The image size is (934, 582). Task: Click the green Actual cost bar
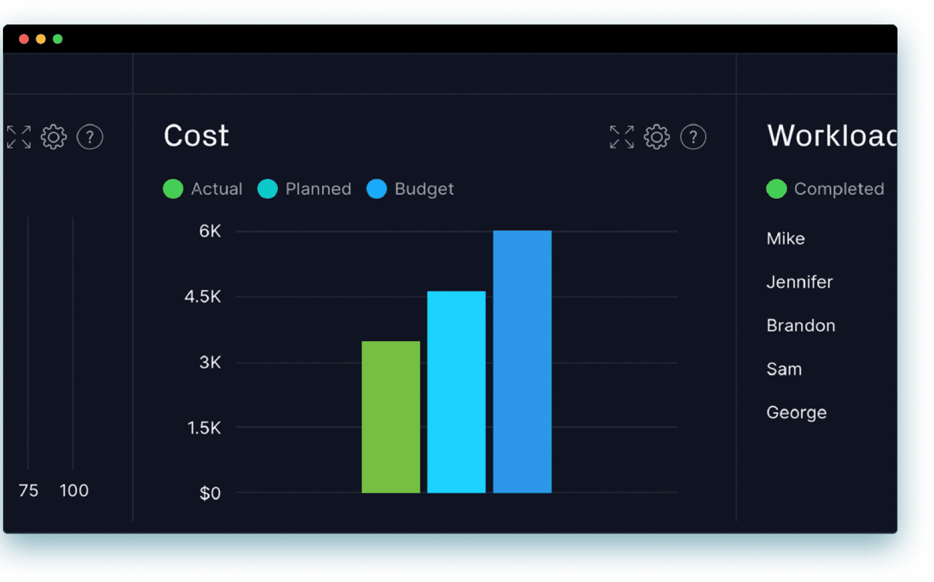390,417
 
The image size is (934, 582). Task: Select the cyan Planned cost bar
456,392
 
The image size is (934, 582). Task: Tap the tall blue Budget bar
522,362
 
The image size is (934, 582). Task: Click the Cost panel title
196,136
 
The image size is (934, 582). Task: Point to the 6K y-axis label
210,231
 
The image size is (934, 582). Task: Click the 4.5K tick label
203,296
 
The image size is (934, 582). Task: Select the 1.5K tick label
204,428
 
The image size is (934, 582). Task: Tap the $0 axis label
210,493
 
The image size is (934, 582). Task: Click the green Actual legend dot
173,189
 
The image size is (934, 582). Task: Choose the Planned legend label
318,189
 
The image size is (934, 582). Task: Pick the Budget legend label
424,189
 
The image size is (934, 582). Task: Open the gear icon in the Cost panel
657,137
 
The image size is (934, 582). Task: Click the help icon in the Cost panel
693,137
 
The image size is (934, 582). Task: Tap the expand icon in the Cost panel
621,137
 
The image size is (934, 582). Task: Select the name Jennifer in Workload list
799,282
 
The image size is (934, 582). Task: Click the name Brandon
800,326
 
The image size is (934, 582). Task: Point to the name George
796,413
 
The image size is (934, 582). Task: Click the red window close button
24,39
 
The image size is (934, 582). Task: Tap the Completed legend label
839,189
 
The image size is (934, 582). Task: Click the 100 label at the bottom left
74,490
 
